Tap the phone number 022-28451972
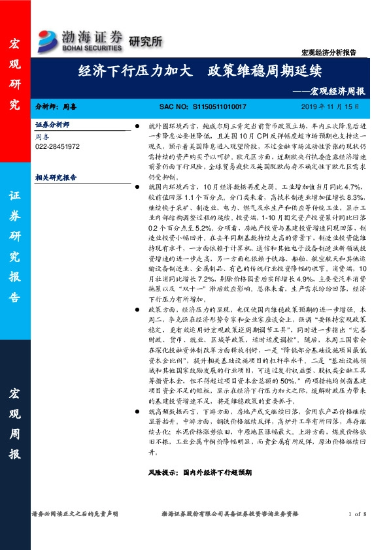[57, 147]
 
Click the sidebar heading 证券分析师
[52, 124]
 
